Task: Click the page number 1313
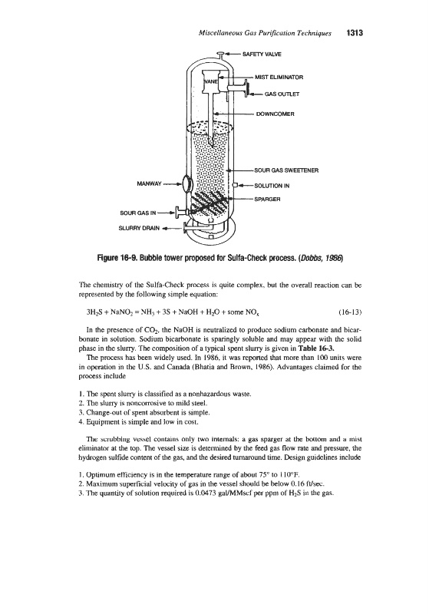tap(355, 33)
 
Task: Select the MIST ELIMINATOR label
tap(279, 78)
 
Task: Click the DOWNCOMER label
tap(275, 114)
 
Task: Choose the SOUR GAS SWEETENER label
tap(286, 170)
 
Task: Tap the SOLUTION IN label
tap(272, 186)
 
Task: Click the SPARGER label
tap(267, 199)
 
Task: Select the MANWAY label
tap(149, 183)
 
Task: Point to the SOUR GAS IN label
tap(138, 213)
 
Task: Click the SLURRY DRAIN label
tap(140, 228)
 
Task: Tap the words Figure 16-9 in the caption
tap(114, 258)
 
